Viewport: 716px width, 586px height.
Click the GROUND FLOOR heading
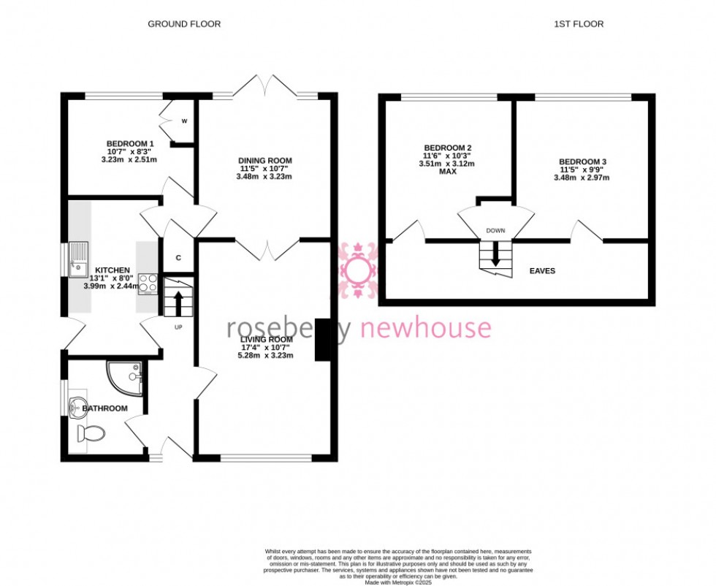184,24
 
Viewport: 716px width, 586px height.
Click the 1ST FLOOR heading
578,24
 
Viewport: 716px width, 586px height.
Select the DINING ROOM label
264,161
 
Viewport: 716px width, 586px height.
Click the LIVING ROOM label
267,340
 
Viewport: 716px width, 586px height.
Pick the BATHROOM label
104,408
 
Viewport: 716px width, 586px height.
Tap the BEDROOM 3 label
582,161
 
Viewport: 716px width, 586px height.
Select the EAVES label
542,271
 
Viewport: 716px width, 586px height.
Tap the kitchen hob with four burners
148,282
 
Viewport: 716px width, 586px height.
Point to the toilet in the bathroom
91,434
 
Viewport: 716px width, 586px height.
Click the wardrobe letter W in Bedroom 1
184,121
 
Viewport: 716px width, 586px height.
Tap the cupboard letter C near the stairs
179,258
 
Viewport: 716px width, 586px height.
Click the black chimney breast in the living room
321,340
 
